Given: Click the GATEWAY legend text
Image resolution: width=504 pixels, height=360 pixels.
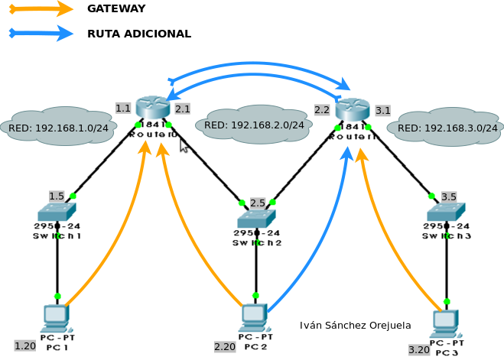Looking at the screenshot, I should [116, 8].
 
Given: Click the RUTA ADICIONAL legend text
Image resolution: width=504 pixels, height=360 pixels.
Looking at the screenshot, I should [138, 34].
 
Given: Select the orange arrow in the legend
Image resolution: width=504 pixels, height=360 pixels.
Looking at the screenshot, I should [40, 8].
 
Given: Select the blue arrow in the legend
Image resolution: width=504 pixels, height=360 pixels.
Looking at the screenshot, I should [40, 34].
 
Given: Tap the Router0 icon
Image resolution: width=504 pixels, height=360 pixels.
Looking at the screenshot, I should [152, 109].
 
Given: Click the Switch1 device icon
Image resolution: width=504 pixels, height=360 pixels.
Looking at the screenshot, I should [57, 212].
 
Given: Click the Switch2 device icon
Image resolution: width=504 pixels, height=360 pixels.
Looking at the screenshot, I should [256, 219].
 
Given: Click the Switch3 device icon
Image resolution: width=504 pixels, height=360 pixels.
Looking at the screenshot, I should [446, 212].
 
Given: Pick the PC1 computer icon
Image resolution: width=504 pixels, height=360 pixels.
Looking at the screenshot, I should [56, 316].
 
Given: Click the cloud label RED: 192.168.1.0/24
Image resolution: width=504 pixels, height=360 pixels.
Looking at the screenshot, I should [58, 128].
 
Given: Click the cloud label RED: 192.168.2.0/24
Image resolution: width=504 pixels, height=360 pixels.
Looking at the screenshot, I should [254, 125].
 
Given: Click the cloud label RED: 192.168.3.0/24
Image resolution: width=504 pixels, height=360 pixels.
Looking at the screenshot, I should [447, 128].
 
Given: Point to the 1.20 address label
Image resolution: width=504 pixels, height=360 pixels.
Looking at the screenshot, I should [25, 345].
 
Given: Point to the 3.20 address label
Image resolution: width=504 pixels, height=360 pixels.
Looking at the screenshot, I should [419, 349].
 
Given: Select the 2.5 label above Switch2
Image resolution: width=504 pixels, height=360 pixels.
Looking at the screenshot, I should [258, 203].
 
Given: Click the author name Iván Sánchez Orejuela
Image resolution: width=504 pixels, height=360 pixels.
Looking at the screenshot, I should [356, 326].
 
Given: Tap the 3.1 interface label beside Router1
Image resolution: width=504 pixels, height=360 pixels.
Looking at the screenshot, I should [383, 111].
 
